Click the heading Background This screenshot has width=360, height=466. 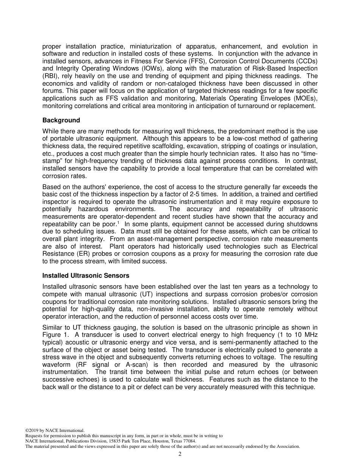coord(61,120)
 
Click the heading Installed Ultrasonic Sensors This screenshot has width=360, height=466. coord(86,275)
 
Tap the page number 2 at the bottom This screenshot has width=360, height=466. coord(180,454)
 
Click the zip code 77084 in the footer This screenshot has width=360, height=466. coord(189,441)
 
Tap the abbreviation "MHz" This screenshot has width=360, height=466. coord(309,335)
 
